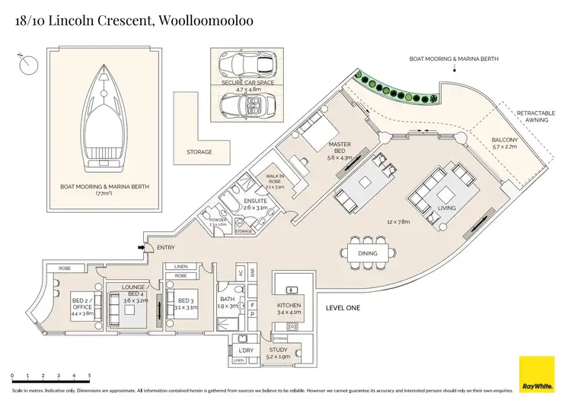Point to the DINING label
[x=368, y=254]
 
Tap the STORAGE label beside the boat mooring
[x=199, y=151]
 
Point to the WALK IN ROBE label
[x=275, y=179]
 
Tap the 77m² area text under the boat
[x=104, y=194]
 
